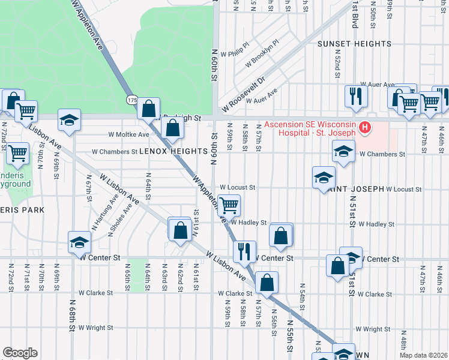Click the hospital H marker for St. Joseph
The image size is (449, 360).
[364, 128]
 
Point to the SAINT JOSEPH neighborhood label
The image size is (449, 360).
[355, 189]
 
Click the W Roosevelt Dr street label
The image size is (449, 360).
[243, 92]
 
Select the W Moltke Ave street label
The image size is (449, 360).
[128, 134]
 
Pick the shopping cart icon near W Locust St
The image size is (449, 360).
[229, 205]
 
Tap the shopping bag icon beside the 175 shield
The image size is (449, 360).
[149, 109]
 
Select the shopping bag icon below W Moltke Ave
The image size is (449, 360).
[173, 128]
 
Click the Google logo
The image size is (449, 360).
[20, 353]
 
